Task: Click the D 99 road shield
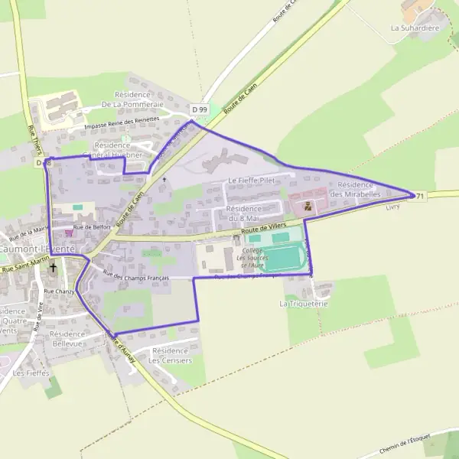pyautogui.click(x=200, y=109)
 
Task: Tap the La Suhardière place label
pyautogui.click(x=415, y=28)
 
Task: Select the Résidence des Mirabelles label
pyautogui.click(x=355, y=190)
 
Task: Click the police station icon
pyautogui.click(x=308, y=206)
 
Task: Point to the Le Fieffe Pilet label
pyautogui.click(x=251, y=181)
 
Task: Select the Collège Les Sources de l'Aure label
pyautogui.click(x=252, y=258)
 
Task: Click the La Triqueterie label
pyautogui.click(x=304, y=303)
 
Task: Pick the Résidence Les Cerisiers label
pyautogui.click(x=169, y=355)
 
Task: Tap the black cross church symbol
pyautogui.click(x=53, y=269)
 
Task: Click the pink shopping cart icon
pyautogui.click(x=69, y=233)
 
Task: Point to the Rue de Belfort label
pyautogui.click(x=93, y=227)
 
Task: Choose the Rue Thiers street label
pyautogui.click(x=33, y=138)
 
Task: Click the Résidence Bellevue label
pyautogui.click(x=67, y=340)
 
